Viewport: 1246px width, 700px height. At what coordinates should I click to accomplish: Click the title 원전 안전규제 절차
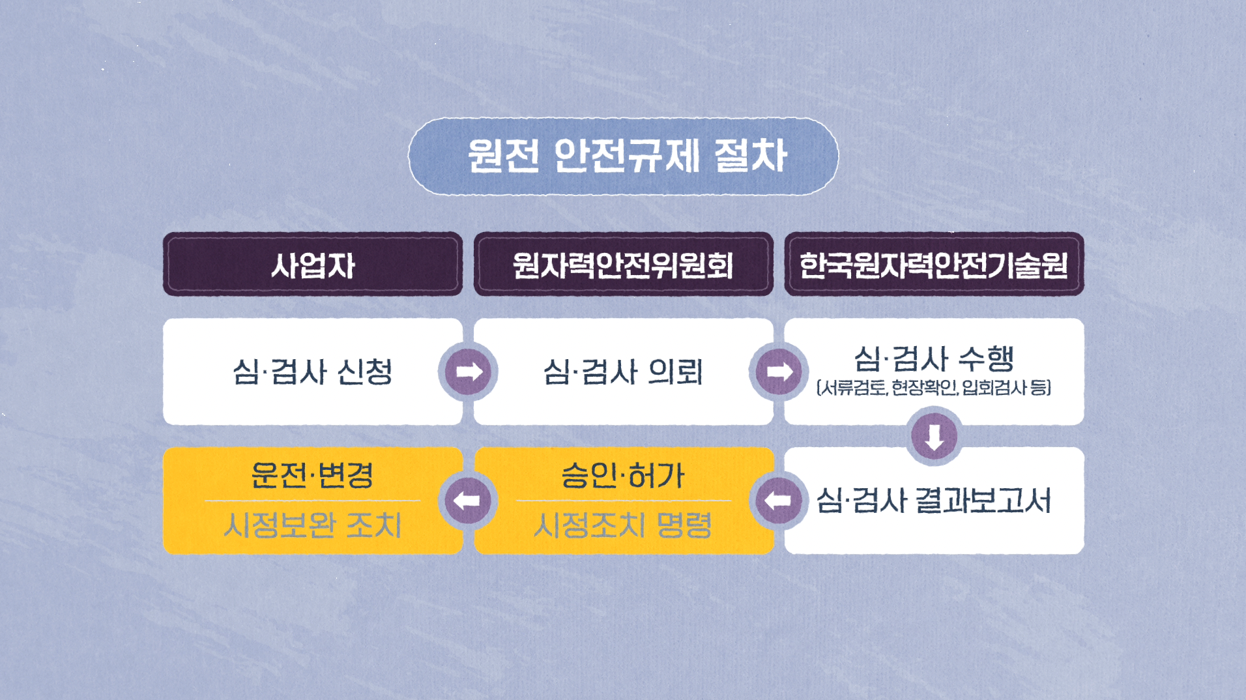[626, 156]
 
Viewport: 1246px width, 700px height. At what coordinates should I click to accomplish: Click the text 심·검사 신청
[313, 372]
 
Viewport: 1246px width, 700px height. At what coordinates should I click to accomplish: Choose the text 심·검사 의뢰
[623, 372]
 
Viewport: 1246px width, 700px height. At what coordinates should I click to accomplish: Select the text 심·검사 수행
[933, 358]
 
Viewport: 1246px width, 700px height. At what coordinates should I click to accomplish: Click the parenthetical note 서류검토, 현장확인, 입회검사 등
[933, 388]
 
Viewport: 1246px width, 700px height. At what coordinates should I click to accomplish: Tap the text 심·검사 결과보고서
[933, 501]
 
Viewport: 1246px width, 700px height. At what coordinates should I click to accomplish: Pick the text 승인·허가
[623, 475]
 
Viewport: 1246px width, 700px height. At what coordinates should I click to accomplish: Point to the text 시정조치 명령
[623, 525]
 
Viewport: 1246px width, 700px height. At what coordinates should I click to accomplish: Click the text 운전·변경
[313, 475]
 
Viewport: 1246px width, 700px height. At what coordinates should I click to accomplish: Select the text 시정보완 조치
[313, 525]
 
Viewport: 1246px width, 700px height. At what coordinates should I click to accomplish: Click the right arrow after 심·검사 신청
[468, 372]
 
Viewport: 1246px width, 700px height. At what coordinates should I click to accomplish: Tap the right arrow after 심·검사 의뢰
[779, 372]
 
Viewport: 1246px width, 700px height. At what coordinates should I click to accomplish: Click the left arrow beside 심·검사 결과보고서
[779, 501]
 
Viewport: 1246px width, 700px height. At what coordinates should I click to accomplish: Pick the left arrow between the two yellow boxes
[468, 501]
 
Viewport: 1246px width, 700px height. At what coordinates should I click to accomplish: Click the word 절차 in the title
[751, 156]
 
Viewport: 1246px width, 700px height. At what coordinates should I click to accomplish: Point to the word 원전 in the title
[504, 156]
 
